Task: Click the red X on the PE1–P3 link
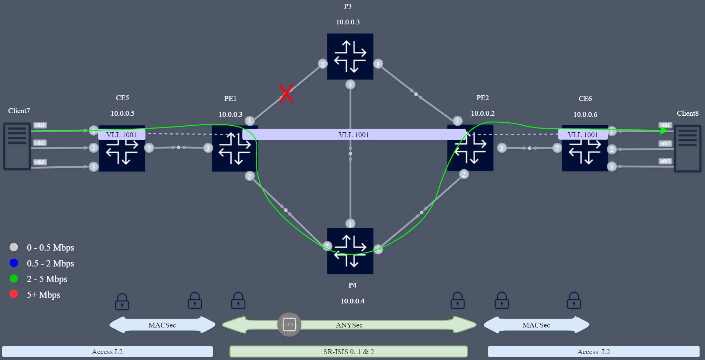pos(286,94)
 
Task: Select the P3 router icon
pos(350,57)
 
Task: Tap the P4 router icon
pos(350,251)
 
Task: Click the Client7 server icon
pos(17,146)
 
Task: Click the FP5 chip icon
pos(289,325)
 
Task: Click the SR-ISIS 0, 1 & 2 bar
pos(348,351)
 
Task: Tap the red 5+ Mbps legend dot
pos(14,294)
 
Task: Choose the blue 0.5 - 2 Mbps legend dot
pos(14,263)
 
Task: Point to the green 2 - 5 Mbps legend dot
pos(14,279)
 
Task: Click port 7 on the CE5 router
pos(149,148)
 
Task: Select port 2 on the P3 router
pos(322,64)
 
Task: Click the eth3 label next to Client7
pos(40,162)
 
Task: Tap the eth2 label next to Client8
pos(665,143)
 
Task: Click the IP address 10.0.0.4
pos(352,301)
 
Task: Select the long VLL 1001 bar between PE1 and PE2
pos(354,135)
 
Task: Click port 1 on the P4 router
pos(350,223)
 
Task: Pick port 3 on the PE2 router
pos(501,148)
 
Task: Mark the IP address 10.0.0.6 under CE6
pos(585,114)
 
